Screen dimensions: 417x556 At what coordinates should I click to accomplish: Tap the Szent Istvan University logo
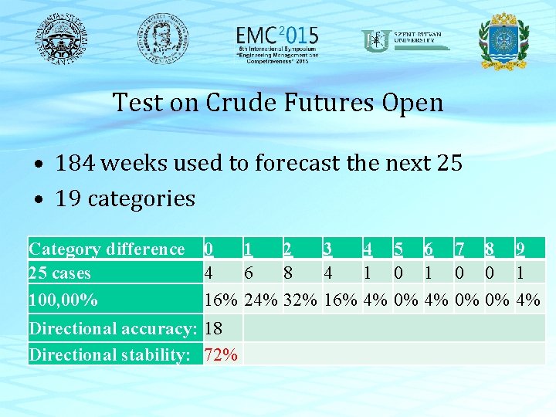pyautogui.click(x=405, y=39)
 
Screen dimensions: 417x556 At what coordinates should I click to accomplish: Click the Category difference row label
pyautogui.click(x=107, y=249)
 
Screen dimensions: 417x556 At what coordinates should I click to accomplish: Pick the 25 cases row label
pyautogui.click(x=59, y=273)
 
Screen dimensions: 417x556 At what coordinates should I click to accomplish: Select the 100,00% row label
pyautogui.click(x=63, y=299)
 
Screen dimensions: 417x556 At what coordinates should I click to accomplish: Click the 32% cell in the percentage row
pyautogui.click(x=300, y=299)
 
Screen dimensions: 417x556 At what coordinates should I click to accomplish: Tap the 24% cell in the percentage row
pyautogui.click(x=261, y=299)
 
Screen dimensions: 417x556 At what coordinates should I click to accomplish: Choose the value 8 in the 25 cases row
pyautogui.click(x=288, y=273)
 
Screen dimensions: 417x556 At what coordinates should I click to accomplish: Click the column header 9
pyautogui.click(x=521, y=249)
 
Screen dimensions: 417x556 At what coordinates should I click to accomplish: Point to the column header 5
pyautogui.click(x=398, y=249)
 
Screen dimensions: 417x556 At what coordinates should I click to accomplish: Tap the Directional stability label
pyautogui.click(x=109, y=354)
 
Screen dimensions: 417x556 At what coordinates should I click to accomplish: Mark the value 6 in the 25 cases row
pyautogui.click(x=248, y=273)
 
